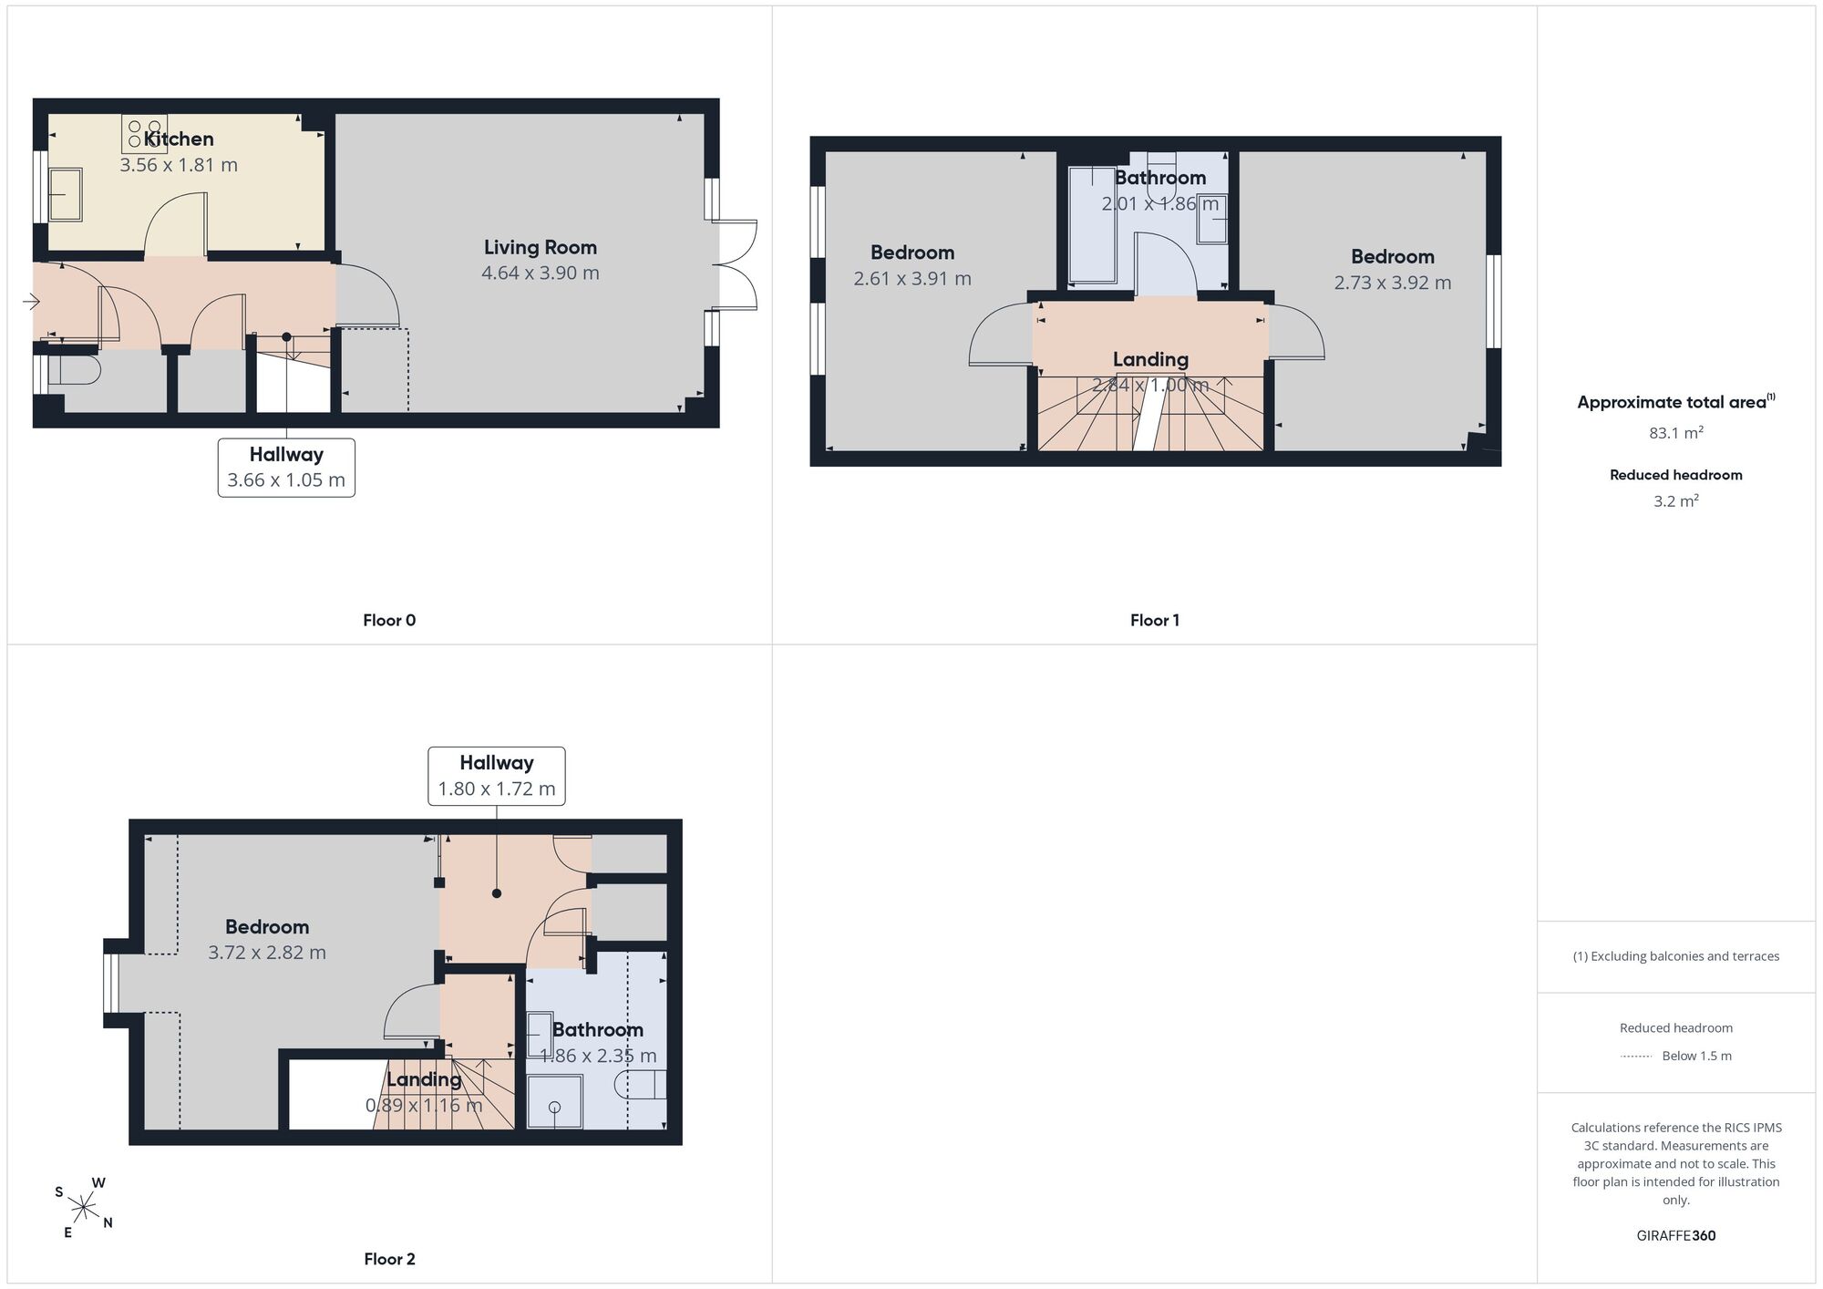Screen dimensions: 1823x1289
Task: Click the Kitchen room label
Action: pyautogui.click(x=179, y=139)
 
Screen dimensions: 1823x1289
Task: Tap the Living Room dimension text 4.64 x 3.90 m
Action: pyautogui.click(x=541, y=273)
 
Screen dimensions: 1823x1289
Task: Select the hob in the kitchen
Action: pyautogui.click(x=145, y=133)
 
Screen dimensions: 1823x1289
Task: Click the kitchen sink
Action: pyautogui.click(x=65, y=193)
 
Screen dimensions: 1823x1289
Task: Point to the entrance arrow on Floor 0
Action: pyautogui.click(x=32, y=302)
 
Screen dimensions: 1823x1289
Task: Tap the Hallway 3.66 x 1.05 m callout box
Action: pyautogui.click(x=286, y=468)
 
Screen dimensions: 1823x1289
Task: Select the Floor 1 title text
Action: pyautogui.click(x=1155, y=621)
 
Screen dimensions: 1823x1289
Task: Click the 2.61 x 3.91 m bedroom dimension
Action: pyautogui.click(x=912, y=279)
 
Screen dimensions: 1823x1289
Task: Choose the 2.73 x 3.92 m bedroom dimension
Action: pyautogui.click(x=1393, y=283)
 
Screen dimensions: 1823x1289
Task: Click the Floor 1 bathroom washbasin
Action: pyautogui.click(x=1212, y=219)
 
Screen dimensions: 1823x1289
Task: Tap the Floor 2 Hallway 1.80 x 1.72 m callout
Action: pyautogui.click(x=497, y=776)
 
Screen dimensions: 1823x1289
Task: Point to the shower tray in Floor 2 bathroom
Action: pyautogui.click(x=554, y=1101)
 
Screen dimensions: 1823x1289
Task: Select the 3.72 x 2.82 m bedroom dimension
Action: pyautogui.click(x=267, y=953)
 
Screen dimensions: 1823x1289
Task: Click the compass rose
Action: pyautogui.click(x=84, y=1209)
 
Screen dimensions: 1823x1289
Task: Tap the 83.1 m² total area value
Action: pyautogui.click(x=1676, y=433)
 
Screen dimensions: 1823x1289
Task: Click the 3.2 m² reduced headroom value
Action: pyautogui.click(x=1676, y=501)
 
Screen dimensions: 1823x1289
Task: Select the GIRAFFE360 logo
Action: pyautogui.click(x=1676, y=1236)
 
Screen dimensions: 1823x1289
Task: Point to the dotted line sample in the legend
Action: pyautogui.click(x=1637, y=1057)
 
